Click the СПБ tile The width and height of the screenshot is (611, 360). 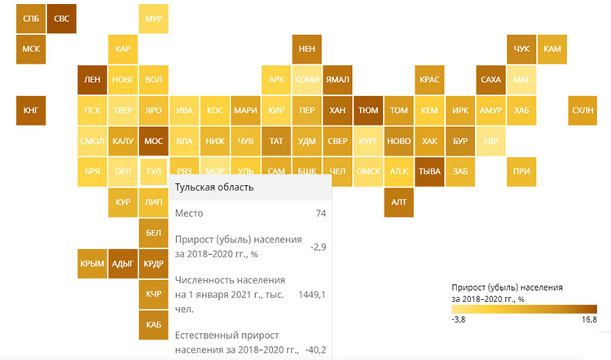[30, 18]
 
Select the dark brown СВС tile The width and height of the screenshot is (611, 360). [61, 18]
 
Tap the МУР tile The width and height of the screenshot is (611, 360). [153, 18]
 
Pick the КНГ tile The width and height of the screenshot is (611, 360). [30, 110]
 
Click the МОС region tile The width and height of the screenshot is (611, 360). [153, 141]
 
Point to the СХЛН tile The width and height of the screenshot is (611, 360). [582, 110]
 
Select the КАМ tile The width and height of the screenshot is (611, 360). [552, 49]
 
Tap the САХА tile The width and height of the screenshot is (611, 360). [490, 79]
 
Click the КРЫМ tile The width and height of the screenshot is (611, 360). [92, 263]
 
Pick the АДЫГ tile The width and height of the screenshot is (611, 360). [123, 263]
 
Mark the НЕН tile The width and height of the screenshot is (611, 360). [307, 49]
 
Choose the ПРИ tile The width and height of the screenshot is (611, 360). [521, 172]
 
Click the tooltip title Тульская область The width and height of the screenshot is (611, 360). [214, 187]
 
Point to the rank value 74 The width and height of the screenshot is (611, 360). [320, 213]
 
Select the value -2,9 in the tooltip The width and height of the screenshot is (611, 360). [317, 246]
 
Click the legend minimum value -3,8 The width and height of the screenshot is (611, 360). [459, 320]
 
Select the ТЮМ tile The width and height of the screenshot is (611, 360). [367, 110]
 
